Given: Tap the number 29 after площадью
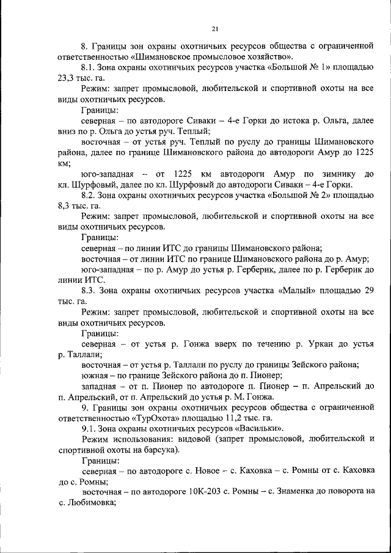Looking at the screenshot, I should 368,290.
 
